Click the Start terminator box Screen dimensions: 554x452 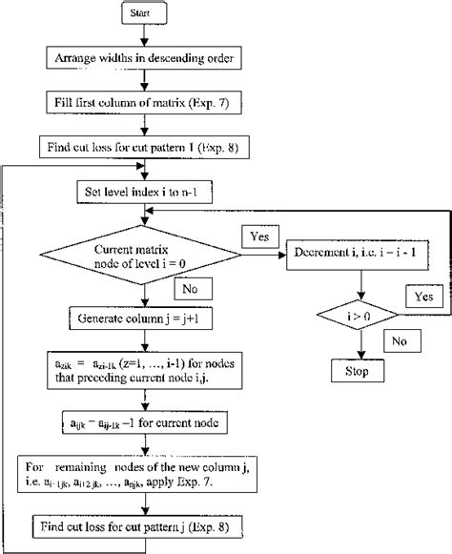point(142,15)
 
